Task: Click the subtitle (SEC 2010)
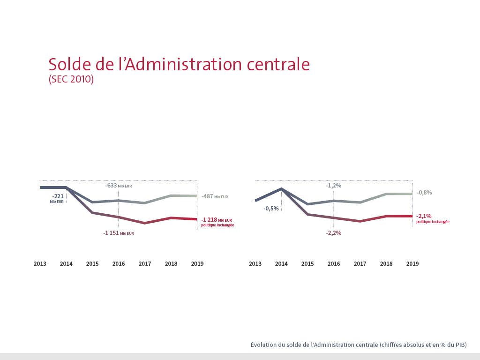pos(71,80)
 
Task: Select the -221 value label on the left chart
pos(58,196)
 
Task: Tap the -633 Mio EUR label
pos(119,186)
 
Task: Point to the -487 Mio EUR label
pos(215,197)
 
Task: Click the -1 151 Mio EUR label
pos(119,232)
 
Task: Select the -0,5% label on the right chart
pos(271,208)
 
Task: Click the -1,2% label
pos(333,186)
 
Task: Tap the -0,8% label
pos(424,193)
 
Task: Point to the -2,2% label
pos(333,232)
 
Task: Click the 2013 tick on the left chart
pos(40,264)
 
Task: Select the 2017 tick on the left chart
pos(145,264)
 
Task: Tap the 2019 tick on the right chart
pos(412,264)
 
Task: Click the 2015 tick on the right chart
pos(307,264)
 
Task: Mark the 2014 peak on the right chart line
pos(281,189)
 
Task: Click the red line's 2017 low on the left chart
pos(145,223)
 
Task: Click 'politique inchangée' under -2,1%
pos(433,222)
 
